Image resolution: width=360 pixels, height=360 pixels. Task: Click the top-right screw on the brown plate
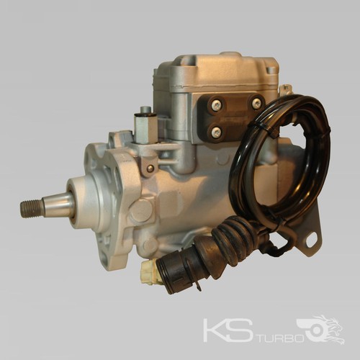coord(256,104)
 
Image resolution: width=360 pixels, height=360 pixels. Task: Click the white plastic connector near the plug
coord(148,272)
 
